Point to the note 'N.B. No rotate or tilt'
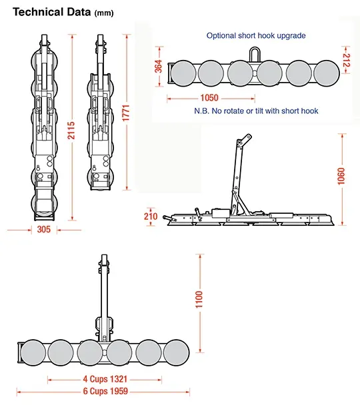pyautogui.click(x=256, y=111)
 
